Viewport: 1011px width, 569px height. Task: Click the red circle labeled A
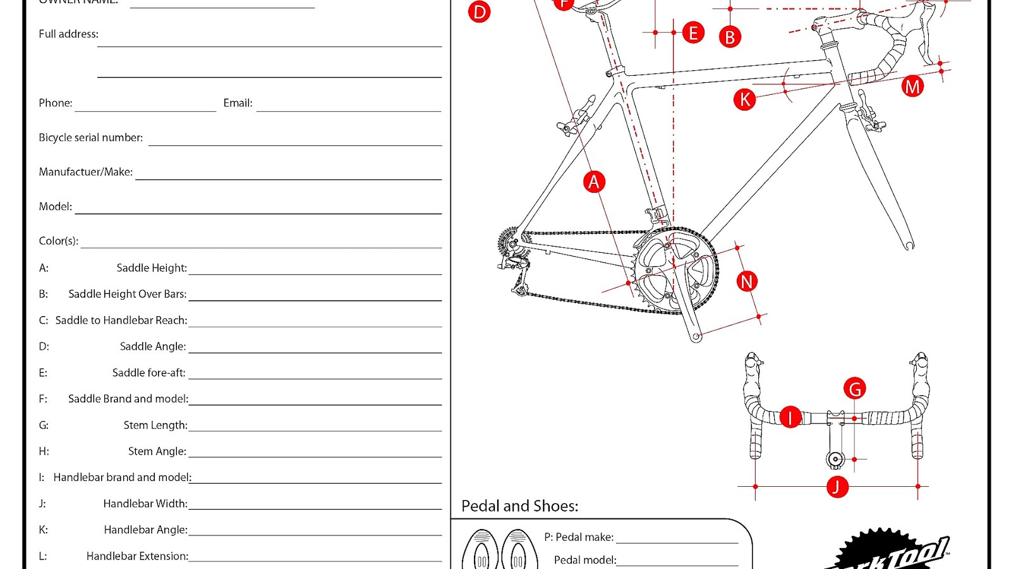point(594,182)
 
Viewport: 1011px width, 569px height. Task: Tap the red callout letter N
point(747,281)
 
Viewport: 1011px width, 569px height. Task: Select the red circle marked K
point(744,99)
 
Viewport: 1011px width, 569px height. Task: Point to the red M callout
point(912,87)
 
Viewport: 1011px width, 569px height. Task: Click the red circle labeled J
point(837,487)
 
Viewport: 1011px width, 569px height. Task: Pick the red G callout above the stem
point(855,389)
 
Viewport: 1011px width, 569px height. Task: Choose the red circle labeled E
point(693,33)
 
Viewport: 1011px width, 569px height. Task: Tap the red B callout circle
point(730,37)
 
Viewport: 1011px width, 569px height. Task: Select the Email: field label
point(238,103)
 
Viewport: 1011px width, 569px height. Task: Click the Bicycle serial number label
point(90,138)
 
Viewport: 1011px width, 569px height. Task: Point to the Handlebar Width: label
point(145,504)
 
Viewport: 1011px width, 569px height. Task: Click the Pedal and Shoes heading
point(519,506)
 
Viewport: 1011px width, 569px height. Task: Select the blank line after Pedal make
point(677,538)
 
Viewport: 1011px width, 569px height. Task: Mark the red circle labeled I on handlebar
point(790,417)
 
